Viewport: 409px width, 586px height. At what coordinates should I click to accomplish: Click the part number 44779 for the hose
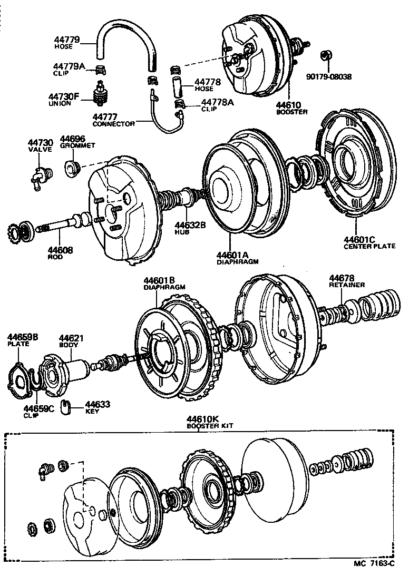66,40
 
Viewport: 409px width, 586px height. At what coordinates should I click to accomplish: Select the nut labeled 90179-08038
325,56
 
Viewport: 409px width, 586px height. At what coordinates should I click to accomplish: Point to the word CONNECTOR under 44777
113,124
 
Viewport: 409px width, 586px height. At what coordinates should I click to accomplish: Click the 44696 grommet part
72,168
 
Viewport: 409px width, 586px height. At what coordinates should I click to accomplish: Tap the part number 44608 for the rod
59,250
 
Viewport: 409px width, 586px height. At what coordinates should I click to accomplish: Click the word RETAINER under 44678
347,285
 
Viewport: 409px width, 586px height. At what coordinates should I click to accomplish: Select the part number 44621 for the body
71,338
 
